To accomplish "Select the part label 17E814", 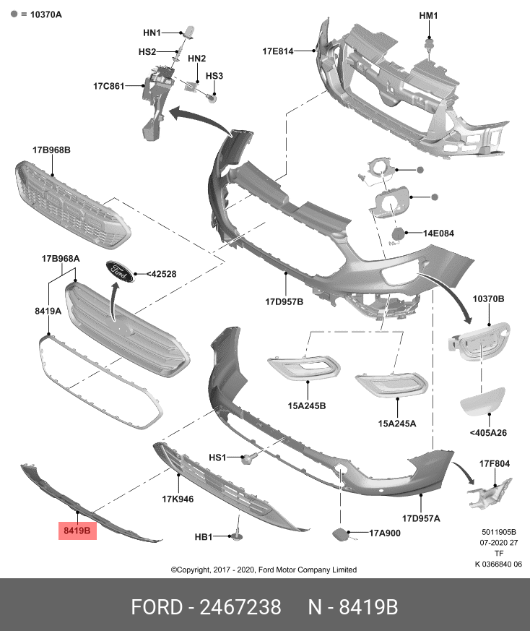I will [x=277, y=51].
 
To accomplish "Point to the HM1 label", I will [x=429, y=16].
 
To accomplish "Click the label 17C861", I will [x=108, y=86].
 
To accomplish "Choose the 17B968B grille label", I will [x=51, y=150].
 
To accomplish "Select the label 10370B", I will [x=488, y=299].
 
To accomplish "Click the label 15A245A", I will [x=396, y=424].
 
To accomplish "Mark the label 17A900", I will [x=385, y=533].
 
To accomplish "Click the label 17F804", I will [x=495, y=463].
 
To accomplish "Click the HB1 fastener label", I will [x=204, y=537].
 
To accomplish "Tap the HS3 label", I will [x=214, y=76].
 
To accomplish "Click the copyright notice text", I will [x=264, y=570].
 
